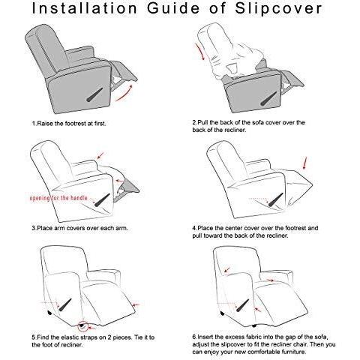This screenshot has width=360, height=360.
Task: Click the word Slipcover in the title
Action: tap(278, 8)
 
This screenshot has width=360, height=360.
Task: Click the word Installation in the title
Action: tap(85, 8)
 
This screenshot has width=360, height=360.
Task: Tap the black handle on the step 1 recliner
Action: tap(94, 95)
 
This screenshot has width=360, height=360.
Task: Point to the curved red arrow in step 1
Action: tap(124, 94)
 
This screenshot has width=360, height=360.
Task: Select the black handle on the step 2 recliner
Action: tap(268, 98)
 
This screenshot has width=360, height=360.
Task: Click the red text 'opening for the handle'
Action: tap(58, 198)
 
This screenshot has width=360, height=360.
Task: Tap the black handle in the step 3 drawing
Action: tap(102, 200)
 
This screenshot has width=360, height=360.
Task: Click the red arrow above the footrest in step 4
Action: tap(304, 163)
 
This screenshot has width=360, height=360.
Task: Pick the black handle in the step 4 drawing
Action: tap(276, 199)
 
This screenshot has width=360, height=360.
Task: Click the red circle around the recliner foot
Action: tap(82, 325)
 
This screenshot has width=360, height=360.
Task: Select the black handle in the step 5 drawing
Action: tap(65, 305)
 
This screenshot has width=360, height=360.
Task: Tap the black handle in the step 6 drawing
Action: tap(242, 305)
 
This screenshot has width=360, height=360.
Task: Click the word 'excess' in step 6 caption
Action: tap(236, 337)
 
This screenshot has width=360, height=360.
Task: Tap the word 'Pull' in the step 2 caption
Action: tap(203, 122)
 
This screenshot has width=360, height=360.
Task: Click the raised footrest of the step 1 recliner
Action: tap(124, 70)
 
